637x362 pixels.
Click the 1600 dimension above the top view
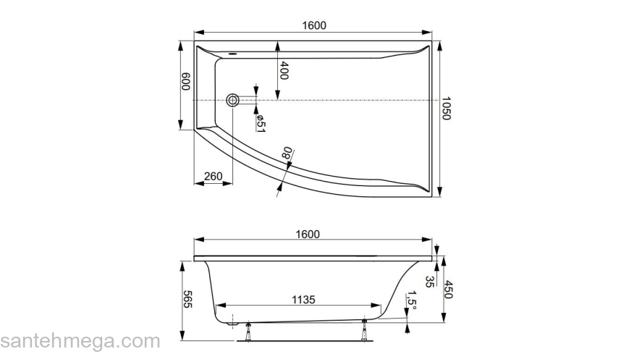point(313,25)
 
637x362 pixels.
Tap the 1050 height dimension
point(447,109)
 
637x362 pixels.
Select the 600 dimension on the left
point(186,81)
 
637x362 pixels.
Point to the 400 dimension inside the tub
point(284,71)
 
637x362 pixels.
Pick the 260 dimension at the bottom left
point(213,176)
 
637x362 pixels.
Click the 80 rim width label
point(287,153)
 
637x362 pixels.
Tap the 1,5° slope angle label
point(411,299)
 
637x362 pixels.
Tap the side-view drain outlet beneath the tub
point(233,324)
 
